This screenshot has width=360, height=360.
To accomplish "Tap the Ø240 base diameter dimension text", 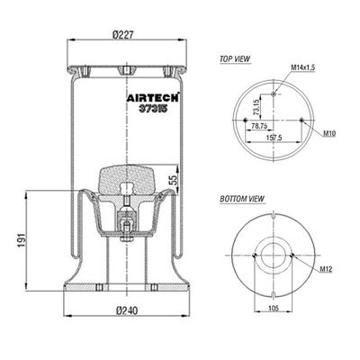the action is click(x=127, y=310).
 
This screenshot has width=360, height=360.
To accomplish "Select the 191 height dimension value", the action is click(x=22, y=240).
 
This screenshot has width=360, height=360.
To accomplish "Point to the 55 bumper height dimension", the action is click(x=174, y=179).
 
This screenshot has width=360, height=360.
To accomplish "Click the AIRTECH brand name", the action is click(x=152, y=98).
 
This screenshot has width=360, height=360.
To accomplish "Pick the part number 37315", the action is click(x=152, y=109).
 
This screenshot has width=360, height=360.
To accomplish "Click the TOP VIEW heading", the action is click(x=235, y=58).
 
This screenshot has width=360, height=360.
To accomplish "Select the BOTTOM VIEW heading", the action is click(x=242, y=199).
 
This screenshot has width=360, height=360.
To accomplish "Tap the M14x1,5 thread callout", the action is click(x=302, y=67).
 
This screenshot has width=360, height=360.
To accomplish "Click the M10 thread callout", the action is click(x=329, y=133).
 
